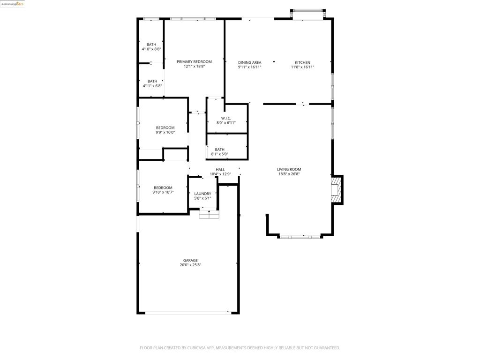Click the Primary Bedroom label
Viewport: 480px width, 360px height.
(194, 62)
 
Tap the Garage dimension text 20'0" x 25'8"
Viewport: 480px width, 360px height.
(190, 265)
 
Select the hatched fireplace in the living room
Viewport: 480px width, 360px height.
(335, 190)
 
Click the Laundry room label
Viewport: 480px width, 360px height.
(202, 194)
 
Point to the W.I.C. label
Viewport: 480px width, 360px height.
(226, 118)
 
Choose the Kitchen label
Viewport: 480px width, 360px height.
(302, 62)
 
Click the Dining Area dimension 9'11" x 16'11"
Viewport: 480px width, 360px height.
(249, 67)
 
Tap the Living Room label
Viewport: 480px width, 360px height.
(289, 169)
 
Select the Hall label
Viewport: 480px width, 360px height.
(220, 170)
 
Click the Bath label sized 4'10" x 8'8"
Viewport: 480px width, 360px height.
(151, 45)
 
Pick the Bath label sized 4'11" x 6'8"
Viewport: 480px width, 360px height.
(152, 82)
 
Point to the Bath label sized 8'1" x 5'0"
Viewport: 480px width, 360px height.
(219, 150)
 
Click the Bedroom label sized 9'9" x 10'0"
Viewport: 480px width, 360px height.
(165, 127)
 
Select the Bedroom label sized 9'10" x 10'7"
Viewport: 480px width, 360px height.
(163, 187)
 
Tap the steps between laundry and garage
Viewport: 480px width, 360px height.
(209, 214)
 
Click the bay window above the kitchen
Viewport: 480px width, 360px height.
(307, 15)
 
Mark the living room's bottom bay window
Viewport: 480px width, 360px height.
(300, 237)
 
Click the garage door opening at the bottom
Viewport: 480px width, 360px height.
(188, 313)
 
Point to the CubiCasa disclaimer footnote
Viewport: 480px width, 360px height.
(240, 348)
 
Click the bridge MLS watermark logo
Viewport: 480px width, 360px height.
(12, 4)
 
